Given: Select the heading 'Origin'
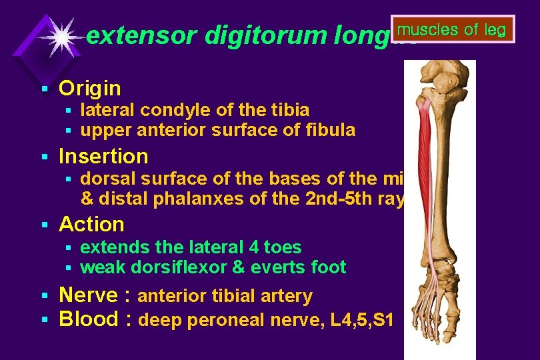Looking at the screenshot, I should pyautogui.click(x=90, y=88).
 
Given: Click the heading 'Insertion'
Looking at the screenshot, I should pyautogui.click(x=103, y=157).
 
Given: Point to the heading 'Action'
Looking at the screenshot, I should pyautogui.click(x=92, y=225).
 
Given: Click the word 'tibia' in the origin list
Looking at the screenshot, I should pyautogui.click(x=289, y=109).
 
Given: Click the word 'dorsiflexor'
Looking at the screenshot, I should pyautogui.click(x=173, y=268).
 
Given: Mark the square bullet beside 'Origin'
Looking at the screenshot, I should pyautogui.click(x=45, y=89).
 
